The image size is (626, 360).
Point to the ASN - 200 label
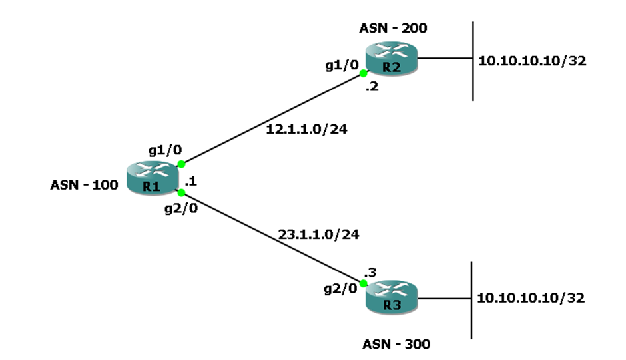[x=393, y=28]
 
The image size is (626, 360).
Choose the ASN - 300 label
[x=396, y=344]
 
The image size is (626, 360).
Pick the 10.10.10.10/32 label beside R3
[x=531, y=298]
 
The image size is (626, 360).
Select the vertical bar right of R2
[x=472, y=61]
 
